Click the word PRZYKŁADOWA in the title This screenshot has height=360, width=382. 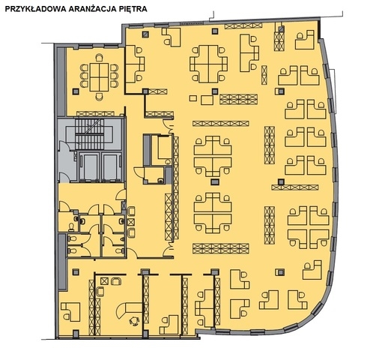tap(36, 9)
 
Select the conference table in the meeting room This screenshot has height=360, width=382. tap(99, 77)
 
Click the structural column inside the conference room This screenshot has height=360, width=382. tap(76, 91)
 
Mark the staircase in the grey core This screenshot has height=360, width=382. tap(89, 134)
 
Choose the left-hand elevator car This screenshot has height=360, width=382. tap(88, 166)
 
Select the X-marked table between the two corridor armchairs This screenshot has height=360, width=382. tap(131, 222)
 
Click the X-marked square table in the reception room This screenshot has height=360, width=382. tap(104, 281)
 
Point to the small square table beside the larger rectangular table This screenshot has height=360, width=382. tap(193, 98)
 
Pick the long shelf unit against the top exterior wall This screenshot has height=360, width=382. tap(243, 25)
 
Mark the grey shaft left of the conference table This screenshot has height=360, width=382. tap(61, 82)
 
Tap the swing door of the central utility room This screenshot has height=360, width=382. tap(139, 172)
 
